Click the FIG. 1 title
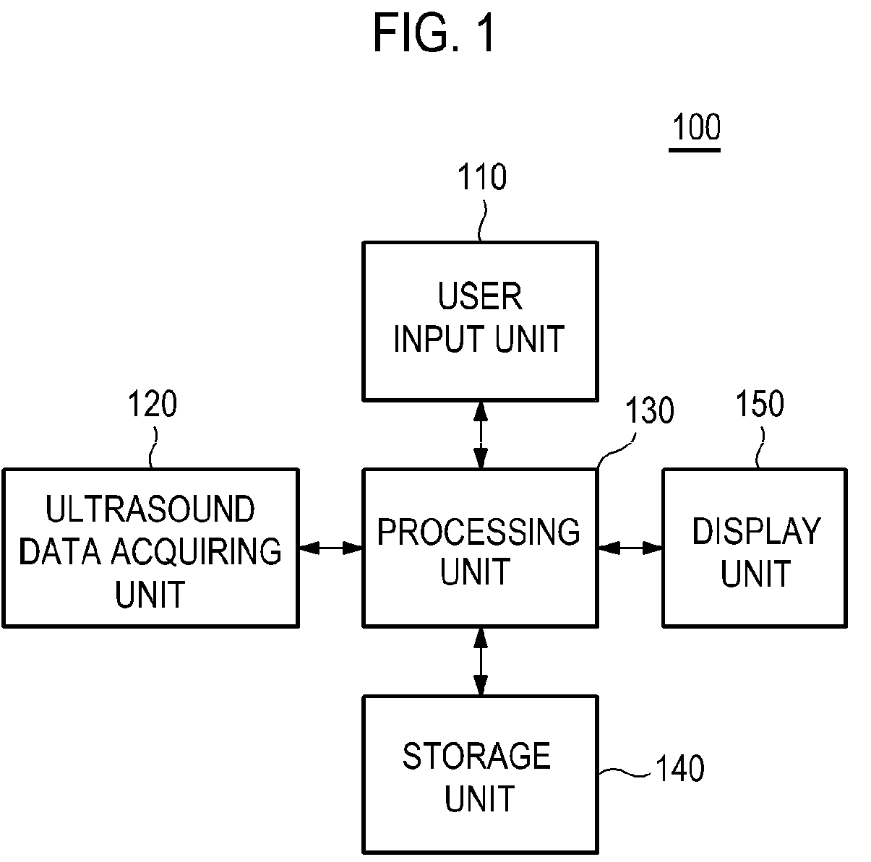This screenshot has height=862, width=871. coord(434,33)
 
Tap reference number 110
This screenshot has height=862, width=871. coord(482,176)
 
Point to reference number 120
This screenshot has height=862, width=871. coord(153,404)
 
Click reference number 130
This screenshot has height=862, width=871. coord(650,410)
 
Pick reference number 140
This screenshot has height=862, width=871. coord(679,768)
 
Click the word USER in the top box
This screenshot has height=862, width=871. coord(480,296)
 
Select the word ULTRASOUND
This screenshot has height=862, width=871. coord(150,509)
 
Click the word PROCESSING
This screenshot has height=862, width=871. coord(479,532)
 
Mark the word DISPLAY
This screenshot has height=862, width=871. coord(756,531)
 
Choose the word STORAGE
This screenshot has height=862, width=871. coord(476,757)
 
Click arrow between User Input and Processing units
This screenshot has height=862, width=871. coord(481,435)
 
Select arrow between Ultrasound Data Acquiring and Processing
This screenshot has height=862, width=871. coord(331,548)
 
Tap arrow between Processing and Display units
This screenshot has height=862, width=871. coord(630,548)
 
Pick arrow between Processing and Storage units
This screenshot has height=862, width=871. coord(481,662)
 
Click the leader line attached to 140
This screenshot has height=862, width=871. coord(625,772)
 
